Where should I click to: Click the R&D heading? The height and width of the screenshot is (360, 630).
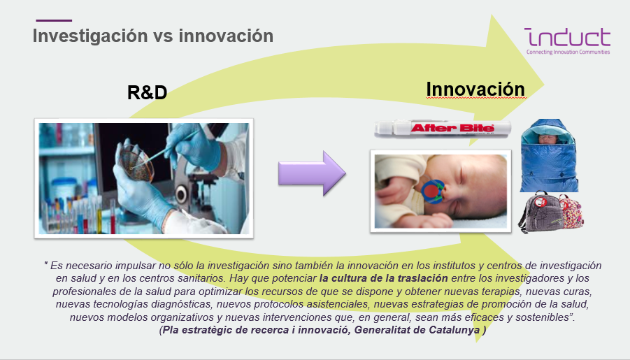147,93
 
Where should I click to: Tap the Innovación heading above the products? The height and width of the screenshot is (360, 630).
475,89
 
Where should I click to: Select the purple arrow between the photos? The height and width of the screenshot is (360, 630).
312,173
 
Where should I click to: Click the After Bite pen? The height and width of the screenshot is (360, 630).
443,129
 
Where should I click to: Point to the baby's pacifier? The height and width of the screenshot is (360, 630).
432,192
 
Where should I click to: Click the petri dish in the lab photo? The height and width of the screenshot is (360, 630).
136,161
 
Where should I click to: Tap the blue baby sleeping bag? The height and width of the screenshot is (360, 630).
550,155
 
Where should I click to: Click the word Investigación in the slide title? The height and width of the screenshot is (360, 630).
90,36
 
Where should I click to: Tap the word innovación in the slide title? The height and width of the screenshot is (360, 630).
227,36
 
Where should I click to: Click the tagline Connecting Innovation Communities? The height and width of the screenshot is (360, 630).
568,52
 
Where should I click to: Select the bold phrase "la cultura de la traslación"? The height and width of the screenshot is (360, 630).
383,278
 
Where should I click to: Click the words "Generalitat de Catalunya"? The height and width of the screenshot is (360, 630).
417,330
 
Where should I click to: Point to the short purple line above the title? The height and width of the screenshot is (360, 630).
54,20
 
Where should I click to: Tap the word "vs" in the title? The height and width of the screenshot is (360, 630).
163,36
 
